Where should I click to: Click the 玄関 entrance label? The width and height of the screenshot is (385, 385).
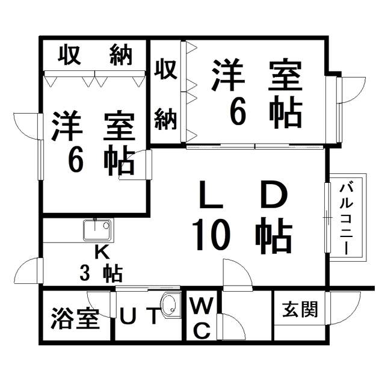click(300, 309)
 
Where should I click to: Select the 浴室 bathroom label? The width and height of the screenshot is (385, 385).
click(75, 318)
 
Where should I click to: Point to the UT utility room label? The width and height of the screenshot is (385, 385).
click(139, 315)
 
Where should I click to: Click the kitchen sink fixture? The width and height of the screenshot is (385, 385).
click(97, 230)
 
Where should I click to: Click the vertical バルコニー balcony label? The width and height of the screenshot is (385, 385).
click(346, 217)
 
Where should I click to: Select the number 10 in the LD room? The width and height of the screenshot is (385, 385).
click(211, 235)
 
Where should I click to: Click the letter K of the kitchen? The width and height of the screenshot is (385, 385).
click(102, 253)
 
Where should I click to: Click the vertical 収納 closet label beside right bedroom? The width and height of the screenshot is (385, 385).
click(165, 94)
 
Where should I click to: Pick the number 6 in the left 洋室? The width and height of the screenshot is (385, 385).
click(76, 159)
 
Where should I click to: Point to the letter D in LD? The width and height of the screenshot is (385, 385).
click(274, 195)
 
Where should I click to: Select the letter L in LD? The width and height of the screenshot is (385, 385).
click(211, 195)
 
